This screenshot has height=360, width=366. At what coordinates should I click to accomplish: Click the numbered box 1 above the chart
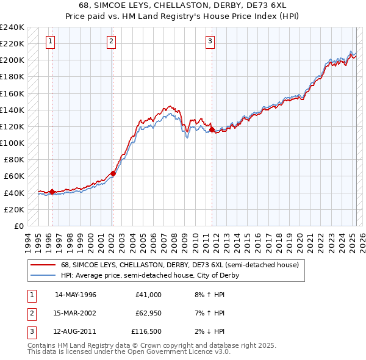tap(49, 41)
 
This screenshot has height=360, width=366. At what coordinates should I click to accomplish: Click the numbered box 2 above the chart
tap(111, 41)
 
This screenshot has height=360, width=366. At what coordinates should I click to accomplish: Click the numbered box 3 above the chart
tap(210, 41)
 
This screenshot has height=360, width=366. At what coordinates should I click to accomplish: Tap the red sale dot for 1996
tap(52, 192)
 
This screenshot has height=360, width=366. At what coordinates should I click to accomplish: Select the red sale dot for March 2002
tap(113, 173)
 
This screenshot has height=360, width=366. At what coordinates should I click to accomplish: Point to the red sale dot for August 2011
tap(212, 129)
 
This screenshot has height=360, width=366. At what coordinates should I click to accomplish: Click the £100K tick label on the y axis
tap(12, 143)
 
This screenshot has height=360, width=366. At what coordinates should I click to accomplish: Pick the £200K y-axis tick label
tap(12, 60)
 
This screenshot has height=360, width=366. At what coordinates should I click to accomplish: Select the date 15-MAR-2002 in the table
tap(76, 313)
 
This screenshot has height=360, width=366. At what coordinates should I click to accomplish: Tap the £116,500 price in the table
tap(146, 331)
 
